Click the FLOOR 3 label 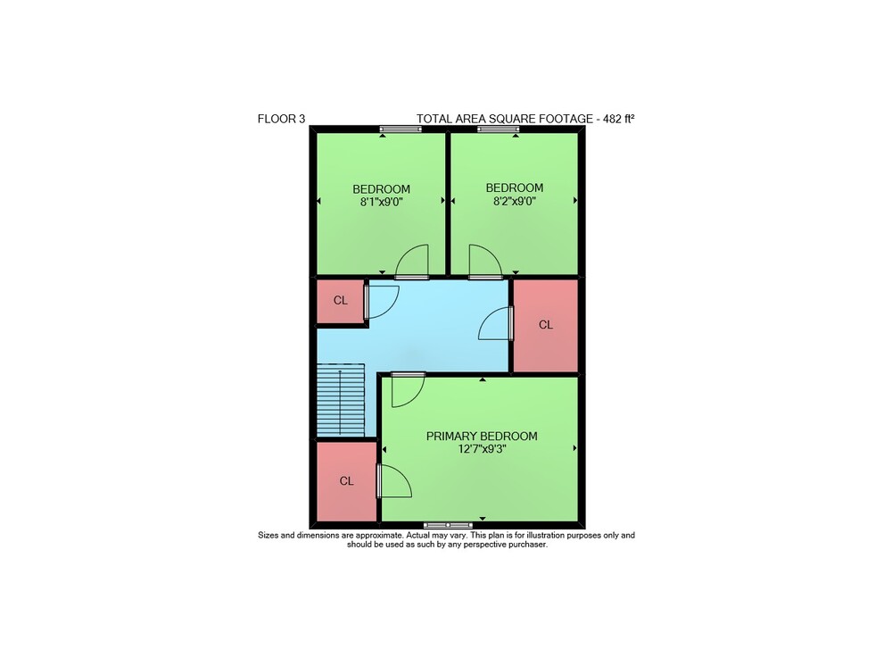[x=281, y=119]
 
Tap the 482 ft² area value [x=618, y=119]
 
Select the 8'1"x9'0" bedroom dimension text [x=381, y=202]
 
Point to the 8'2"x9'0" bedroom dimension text [x=515, y=200]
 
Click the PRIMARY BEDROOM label [x=482, y=436]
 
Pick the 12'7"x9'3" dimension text [x=482, y=449]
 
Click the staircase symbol [x=340, y=400]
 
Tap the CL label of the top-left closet [x=340, y=301]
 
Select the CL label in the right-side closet [x=546, y=325]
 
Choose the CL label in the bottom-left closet [x=346, y=481]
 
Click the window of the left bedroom [x=401, y=129]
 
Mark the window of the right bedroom [x=499, y=129]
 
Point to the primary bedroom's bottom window [x=449, y=525]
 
